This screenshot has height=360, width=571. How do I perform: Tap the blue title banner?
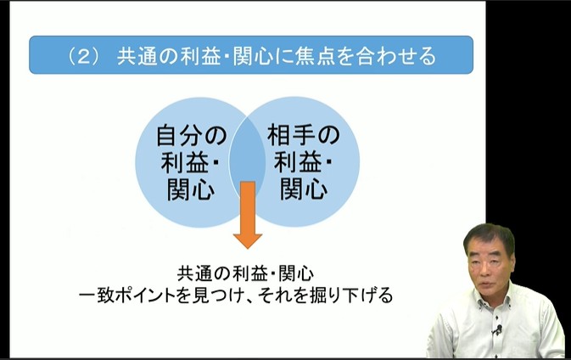click(x=251, y=55)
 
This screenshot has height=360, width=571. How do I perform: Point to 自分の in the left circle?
click(x=192, y=135)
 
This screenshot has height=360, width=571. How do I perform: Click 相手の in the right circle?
click(x=303, y=135)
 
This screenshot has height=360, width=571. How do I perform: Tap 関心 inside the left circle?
click(x=191, y=188)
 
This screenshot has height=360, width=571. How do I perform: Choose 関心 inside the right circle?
click(x=303, y=188)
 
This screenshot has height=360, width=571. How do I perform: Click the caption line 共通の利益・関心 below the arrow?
click(x=246, y=274)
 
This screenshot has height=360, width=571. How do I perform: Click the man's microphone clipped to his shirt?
click(x=497, y=329)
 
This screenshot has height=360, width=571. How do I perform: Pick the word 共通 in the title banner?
click(x=136, y=56)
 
